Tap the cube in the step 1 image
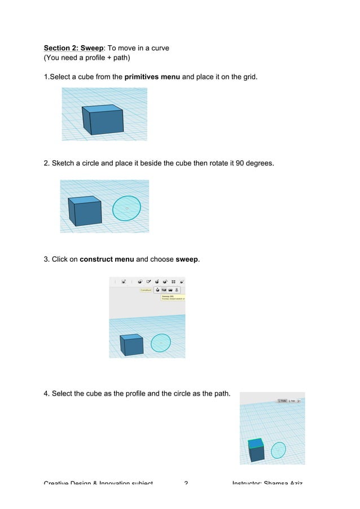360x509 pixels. [x=102, y=120]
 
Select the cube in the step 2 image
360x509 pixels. [x=85, y=211]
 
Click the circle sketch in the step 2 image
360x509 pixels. [x=126, y=208]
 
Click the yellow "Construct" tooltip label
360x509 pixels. [x=146, y=289]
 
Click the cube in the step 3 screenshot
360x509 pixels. [x=131, y=344]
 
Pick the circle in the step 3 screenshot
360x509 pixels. [x=161, y=342]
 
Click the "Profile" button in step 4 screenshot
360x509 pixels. [x=282, y=401]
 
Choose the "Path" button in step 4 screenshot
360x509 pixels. [x=293, y=401]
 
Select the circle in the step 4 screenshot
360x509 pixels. [x=278, y=450]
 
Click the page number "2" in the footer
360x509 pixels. [x=187, y=483]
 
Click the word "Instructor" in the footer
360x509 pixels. [x=251, y=483]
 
